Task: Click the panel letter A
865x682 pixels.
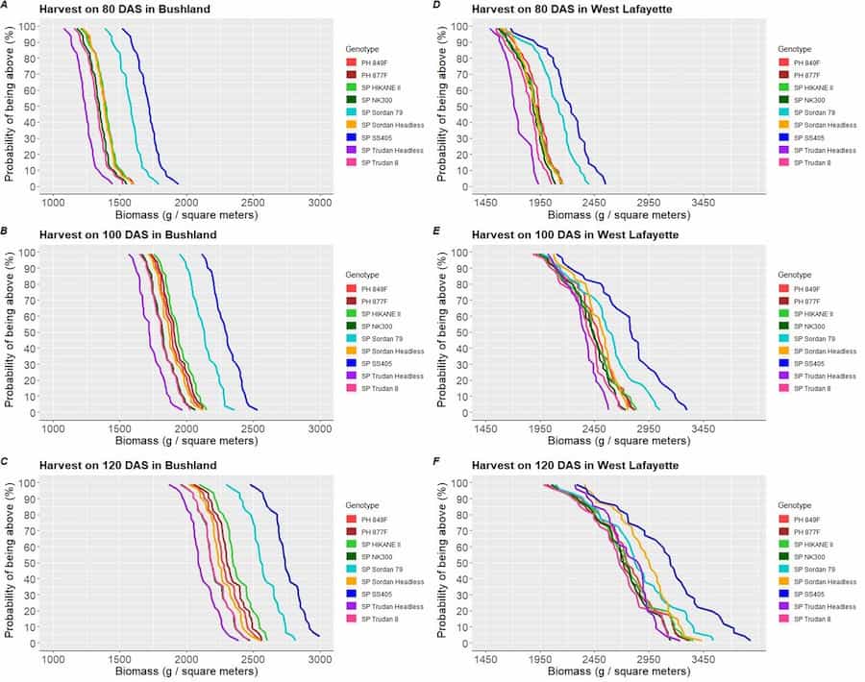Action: (10, 9)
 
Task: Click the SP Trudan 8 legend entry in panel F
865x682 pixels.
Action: (816, 619)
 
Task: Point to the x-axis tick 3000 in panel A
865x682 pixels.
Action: (320, 204)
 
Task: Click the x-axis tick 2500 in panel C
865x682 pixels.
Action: (253, 661)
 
